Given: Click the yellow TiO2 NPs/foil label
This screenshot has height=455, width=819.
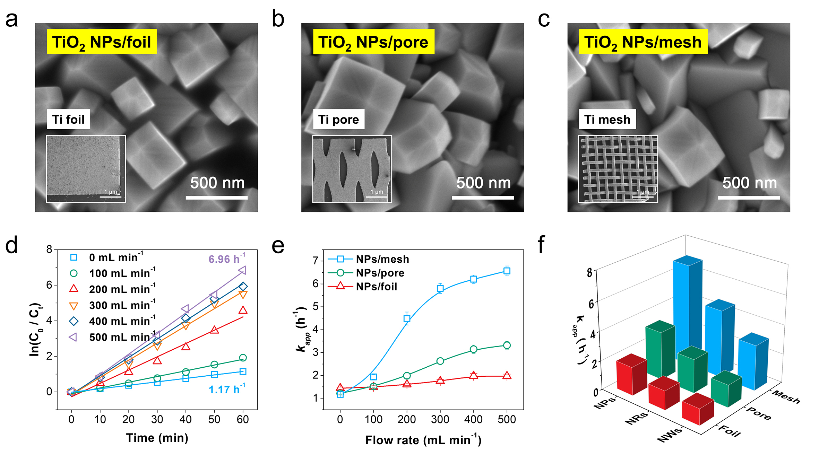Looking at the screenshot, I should pos(102,42).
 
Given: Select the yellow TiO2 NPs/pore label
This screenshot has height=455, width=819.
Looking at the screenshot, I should pos(373,42).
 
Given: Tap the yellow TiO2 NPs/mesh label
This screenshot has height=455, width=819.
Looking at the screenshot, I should pos(643,42).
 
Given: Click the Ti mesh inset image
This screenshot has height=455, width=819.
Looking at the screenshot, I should pos(618,169).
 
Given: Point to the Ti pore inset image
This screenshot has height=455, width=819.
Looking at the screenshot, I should pos(352,169).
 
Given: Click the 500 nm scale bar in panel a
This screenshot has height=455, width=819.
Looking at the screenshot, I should pos(217,198).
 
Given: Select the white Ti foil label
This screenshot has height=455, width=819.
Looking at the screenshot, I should pos(68,120).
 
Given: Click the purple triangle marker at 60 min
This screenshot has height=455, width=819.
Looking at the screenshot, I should pos(242,270).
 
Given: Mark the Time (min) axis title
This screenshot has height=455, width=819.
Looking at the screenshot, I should pos(157,438).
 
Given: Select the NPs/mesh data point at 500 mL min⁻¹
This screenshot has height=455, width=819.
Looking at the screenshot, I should pos(507,271).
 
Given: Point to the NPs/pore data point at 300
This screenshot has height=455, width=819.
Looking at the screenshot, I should pos(440,361).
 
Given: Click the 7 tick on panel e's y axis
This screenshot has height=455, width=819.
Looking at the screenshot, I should pos(316,261).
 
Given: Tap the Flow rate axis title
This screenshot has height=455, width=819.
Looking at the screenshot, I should pos(423,440).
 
